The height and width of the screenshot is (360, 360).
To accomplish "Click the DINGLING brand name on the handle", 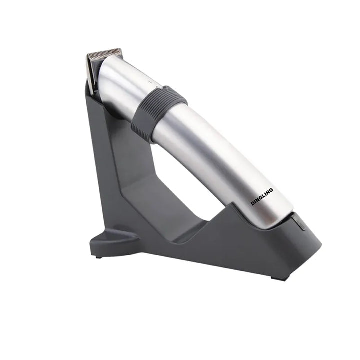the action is [262, 197].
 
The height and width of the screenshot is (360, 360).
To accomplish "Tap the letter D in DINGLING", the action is [252, 203].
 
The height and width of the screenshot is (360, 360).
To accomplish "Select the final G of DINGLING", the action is [271, 190].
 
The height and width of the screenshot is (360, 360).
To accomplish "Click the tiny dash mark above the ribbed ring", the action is [149, 81].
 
